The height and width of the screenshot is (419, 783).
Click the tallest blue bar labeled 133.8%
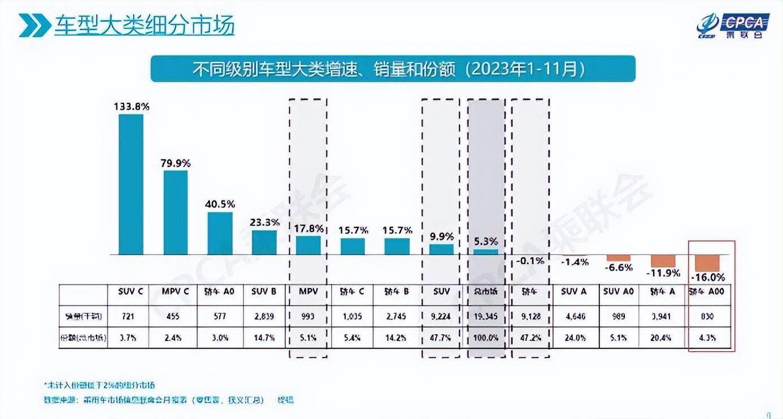[x=130, y=184]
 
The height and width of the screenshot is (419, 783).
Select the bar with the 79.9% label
[x=175, y=212]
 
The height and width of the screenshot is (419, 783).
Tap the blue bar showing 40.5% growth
[x=220, y=233]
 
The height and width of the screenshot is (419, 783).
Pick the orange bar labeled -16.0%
[x=707, y=263]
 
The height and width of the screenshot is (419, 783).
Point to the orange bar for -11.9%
[x=663, y=260]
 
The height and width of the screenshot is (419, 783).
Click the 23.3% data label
[x=264, y=222]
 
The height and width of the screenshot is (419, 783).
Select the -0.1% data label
[x=530, y=260]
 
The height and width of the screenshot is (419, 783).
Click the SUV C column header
[x=130, y=291]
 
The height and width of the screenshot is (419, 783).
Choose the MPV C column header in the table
[x=175, y=291]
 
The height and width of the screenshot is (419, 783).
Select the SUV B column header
[x=264, y=291]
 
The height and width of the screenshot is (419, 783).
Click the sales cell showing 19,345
[x=485, y=317]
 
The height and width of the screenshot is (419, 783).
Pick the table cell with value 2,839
[x=264, y=317]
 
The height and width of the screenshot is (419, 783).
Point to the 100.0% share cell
[x=485, y=339]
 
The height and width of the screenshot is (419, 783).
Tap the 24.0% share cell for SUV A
[x=575, y=339]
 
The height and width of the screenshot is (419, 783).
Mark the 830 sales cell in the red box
[x=708, y=317]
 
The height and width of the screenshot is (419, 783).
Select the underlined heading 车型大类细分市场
[x=144, y=27]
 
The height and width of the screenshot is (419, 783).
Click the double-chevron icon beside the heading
[x=34, y=27]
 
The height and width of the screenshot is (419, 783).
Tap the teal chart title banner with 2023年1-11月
[x=393, y=69]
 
